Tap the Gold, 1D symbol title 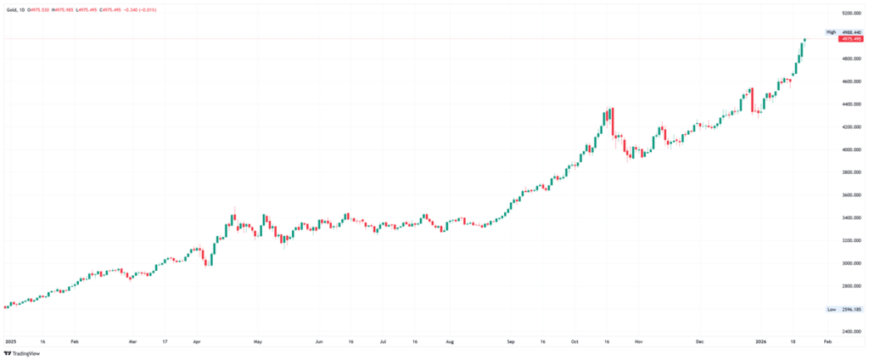[x=14, y=9]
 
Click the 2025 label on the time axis [x=11, y=341]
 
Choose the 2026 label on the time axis [x=760, y=341]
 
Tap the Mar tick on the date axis [x=132, y=341]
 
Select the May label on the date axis [x=257, y=341]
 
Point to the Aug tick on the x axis [x=450, y=341]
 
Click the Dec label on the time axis [x=700, y=341]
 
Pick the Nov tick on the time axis [x=638, y=341]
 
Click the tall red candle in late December [x=751, y=99]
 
